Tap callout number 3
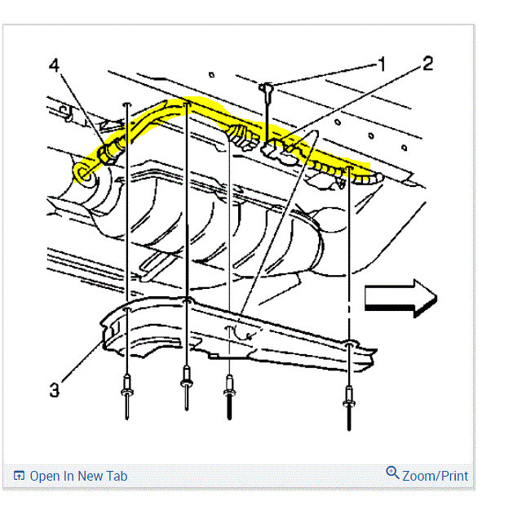[x=54, y=389]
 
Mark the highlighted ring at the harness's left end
[x=82, y=171]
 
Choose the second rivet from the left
[x=187, y=378]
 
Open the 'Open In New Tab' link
[x=78, y=476]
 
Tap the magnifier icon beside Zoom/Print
[x=391, y=473]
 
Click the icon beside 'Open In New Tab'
[x=19, y=477]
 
